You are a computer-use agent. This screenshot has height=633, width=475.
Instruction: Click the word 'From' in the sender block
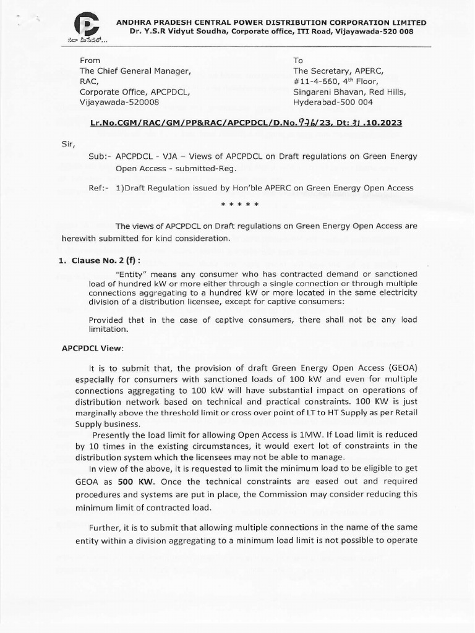click(x=92, y=61)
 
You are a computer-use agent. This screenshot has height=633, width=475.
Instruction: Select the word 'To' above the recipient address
click(x=299, y=61)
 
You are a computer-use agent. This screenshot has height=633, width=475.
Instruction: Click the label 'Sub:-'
click(x=99, y=156)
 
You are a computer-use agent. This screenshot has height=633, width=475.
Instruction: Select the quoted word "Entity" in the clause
click(x=131, y=274)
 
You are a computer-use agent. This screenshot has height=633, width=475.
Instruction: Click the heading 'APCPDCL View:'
click(x=93, y=349)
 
